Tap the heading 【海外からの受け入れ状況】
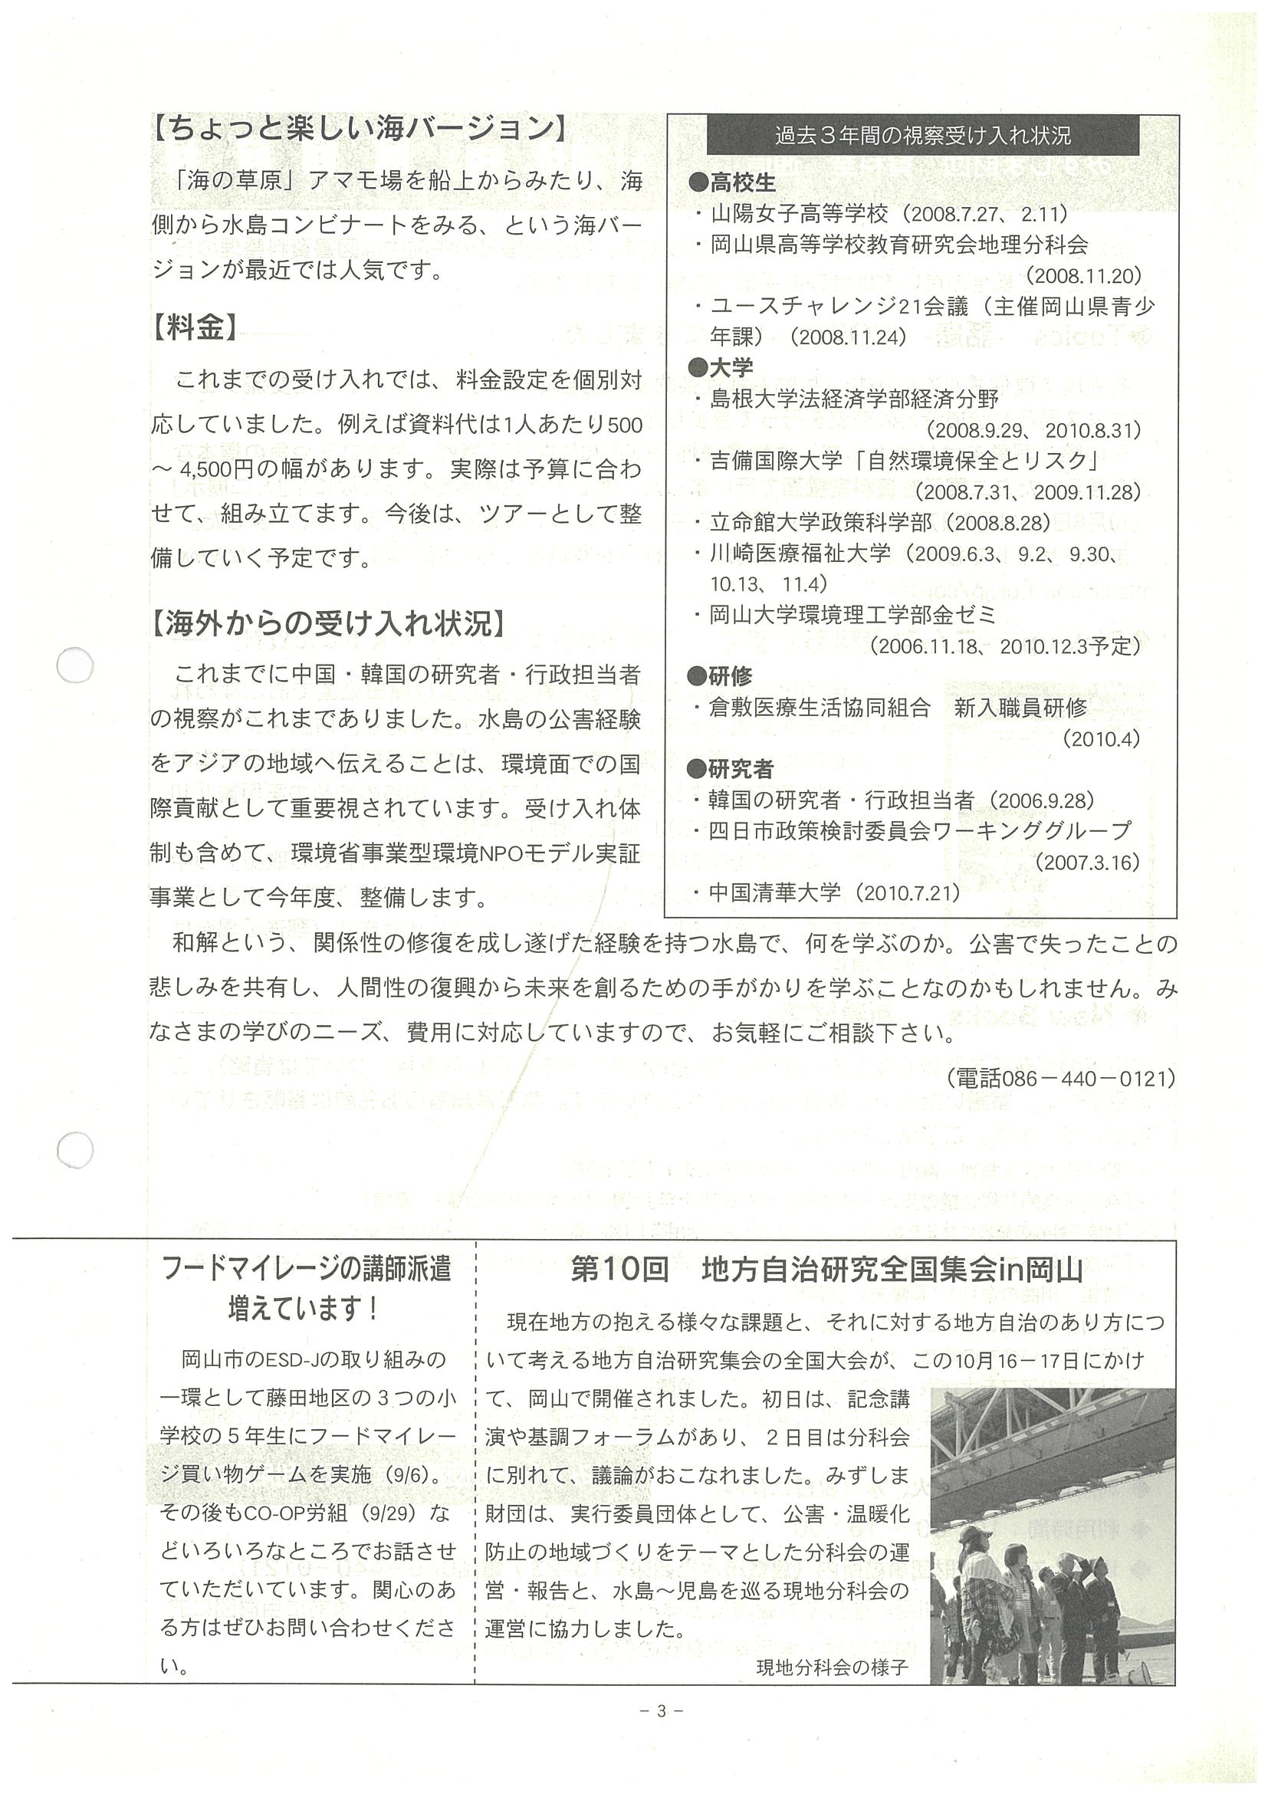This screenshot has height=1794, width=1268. [327, 623]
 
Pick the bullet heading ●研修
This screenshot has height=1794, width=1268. [721, 676]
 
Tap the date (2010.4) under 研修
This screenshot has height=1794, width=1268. [1101, 738]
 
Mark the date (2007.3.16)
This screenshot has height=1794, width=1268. [1088, 862]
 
